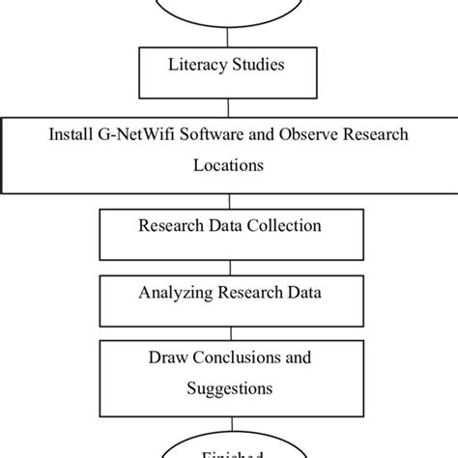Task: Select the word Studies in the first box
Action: [257, 68]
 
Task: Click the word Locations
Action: [228, 165]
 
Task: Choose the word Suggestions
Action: [229, 389]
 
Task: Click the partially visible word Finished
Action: [229, 452]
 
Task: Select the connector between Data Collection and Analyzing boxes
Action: [229, 264]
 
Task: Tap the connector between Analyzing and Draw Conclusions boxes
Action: [229, 328]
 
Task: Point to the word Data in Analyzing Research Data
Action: [302, 292]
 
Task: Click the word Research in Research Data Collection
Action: [172, 227]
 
